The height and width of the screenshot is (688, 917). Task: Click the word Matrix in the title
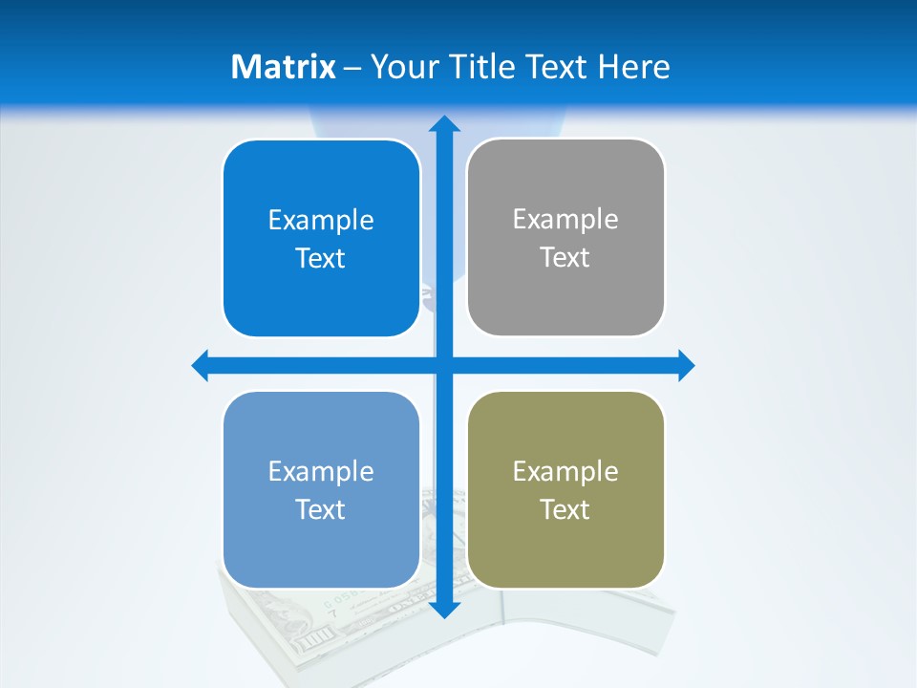click(283, 67)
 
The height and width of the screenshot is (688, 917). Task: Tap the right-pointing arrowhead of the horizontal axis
click(686, 365)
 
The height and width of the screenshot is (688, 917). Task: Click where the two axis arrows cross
click(444, 365)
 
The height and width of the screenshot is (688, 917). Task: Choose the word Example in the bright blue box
click(321, 221)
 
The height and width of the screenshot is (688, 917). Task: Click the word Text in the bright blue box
click(321, 258)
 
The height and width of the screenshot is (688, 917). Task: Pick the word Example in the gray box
click(565, 220)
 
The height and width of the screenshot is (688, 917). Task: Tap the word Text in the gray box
click(565, 257)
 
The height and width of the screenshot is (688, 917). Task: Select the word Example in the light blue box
click(321, 472)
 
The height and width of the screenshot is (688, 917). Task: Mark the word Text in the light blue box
click(321, 509)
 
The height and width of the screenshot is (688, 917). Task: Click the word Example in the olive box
click(565, 472)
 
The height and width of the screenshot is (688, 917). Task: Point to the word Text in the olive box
click(565, 509)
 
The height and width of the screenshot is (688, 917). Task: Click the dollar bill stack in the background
click(325, 621)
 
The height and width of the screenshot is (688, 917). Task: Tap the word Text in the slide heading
click(557, 67)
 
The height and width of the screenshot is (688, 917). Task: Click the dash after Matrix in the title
click(352, 68)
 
